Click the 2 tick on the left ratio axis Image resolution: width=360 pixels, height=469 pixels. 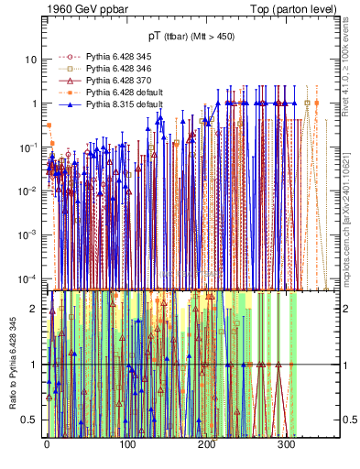tap(35, 309)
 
